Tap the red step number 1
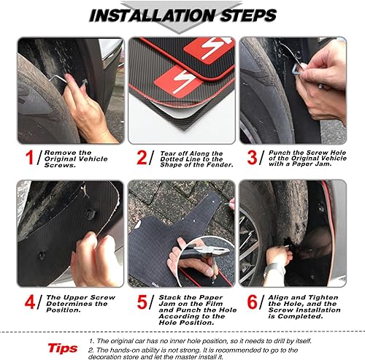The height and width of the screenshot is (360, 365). pyautogui.click(x=30, y=156)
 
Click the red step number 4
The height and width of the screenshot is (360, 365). pyautogui.click(x=28, y=302)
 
